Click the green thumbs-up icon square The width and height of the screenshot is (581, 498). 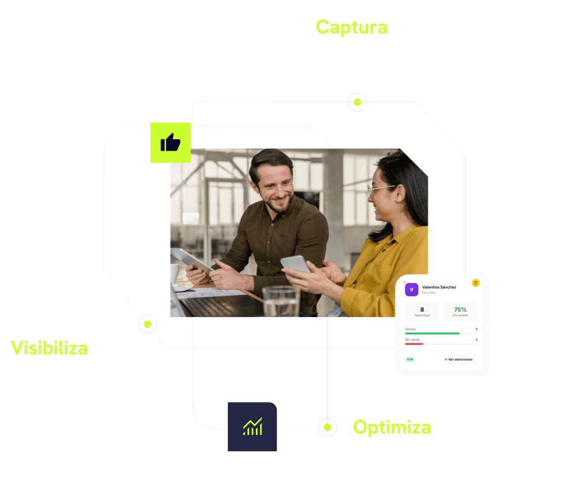pyautogui.click(x=170, y=143)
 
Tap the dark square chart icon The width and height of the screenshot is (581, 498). pyautogui.click(x=252, y=426)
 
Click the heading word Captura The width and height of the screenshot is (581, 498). pyautogui.click(x=351, y=27)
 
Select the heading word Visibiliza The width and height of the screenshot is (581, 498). pyautogui.click(x=49, y=348)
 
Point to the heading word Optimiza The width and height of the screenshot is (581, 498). pyautogui.click(x=392, y=427)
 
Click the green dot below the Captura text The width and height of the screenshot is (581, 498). pyautogui.click(x=357, y=102)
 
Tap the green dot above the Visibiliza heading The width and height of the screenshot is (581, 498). pyautogui.click(x=146, y=324)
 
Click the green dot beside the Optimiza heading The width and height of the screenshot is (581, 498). pyautogui.click(x=328, y=427)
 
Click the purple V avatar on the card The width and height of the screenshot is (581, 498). pyautogui.click(x=411, y=290)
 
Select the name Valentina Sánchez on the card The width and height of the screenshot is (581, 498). pyautogui.click(x=439, y=287)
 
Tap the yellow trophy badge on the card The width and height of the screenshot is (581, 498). pyautogui.click(x=475, y=282)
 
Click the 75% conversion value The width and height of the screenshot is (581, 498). pyautogui.click(x=460, y=310)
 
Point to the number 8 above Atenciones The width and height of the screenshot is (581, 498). pyautogui.click(x=422, y=310)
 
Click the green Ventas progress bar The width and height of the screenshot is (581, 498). pyautogui.click(x=432, y=333)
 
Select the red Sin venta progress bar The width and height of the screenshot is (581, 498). pyautogui.click(x=414, y=344)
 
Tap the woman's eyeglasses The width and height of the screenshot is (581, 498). pyautogui.click(x=380, y=189)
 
